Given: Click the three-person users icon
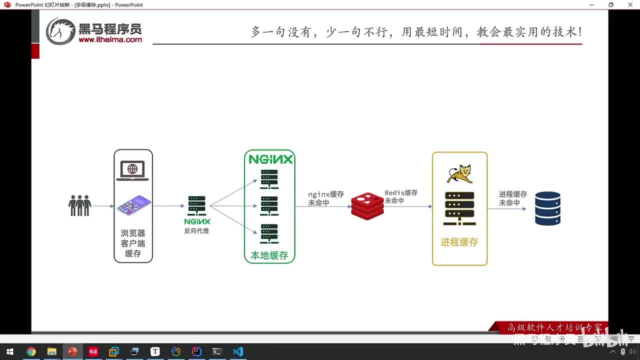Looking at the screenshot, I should tap(79, 205).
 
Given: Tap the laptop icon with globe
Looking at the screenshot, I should tap(132, 170).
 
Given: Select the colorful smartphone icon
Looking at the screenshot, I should tap(133, 205).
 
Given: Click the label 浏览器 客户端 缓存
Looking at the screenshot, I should tap(133, 243).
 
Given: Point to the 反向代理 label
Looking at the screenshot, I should tap(196, 231).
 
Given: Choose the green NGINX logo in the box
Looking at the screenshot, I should tap(270, 159).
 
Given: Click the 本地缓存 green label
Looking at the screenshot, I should tap(269, 255).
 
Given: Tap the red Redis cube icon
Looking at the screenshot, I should tap(367, 206).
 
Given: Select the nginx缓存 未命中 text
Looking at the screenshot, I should tap(325, 198).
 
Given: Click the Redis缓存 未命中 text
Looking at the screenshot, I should tap(401, 196).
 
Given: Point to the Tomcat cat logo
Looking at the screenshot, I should tap(459, 173).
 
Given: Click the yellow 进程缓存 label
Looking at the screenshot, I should tap(459, 242).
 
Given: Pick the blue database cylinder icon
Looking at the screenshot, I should tap(547, 208).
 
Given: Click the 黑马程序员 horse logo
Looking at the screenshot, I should tap(60, 31).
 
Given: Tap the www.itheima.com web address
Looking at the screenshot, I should tap(110, 39).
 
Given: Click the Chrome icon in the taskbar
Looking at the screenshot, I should tap(31, 351).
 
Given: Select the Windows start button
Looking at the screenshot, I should tap(9, 351).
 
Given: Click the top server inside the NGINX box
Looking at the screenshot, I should tap(269, 179).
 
